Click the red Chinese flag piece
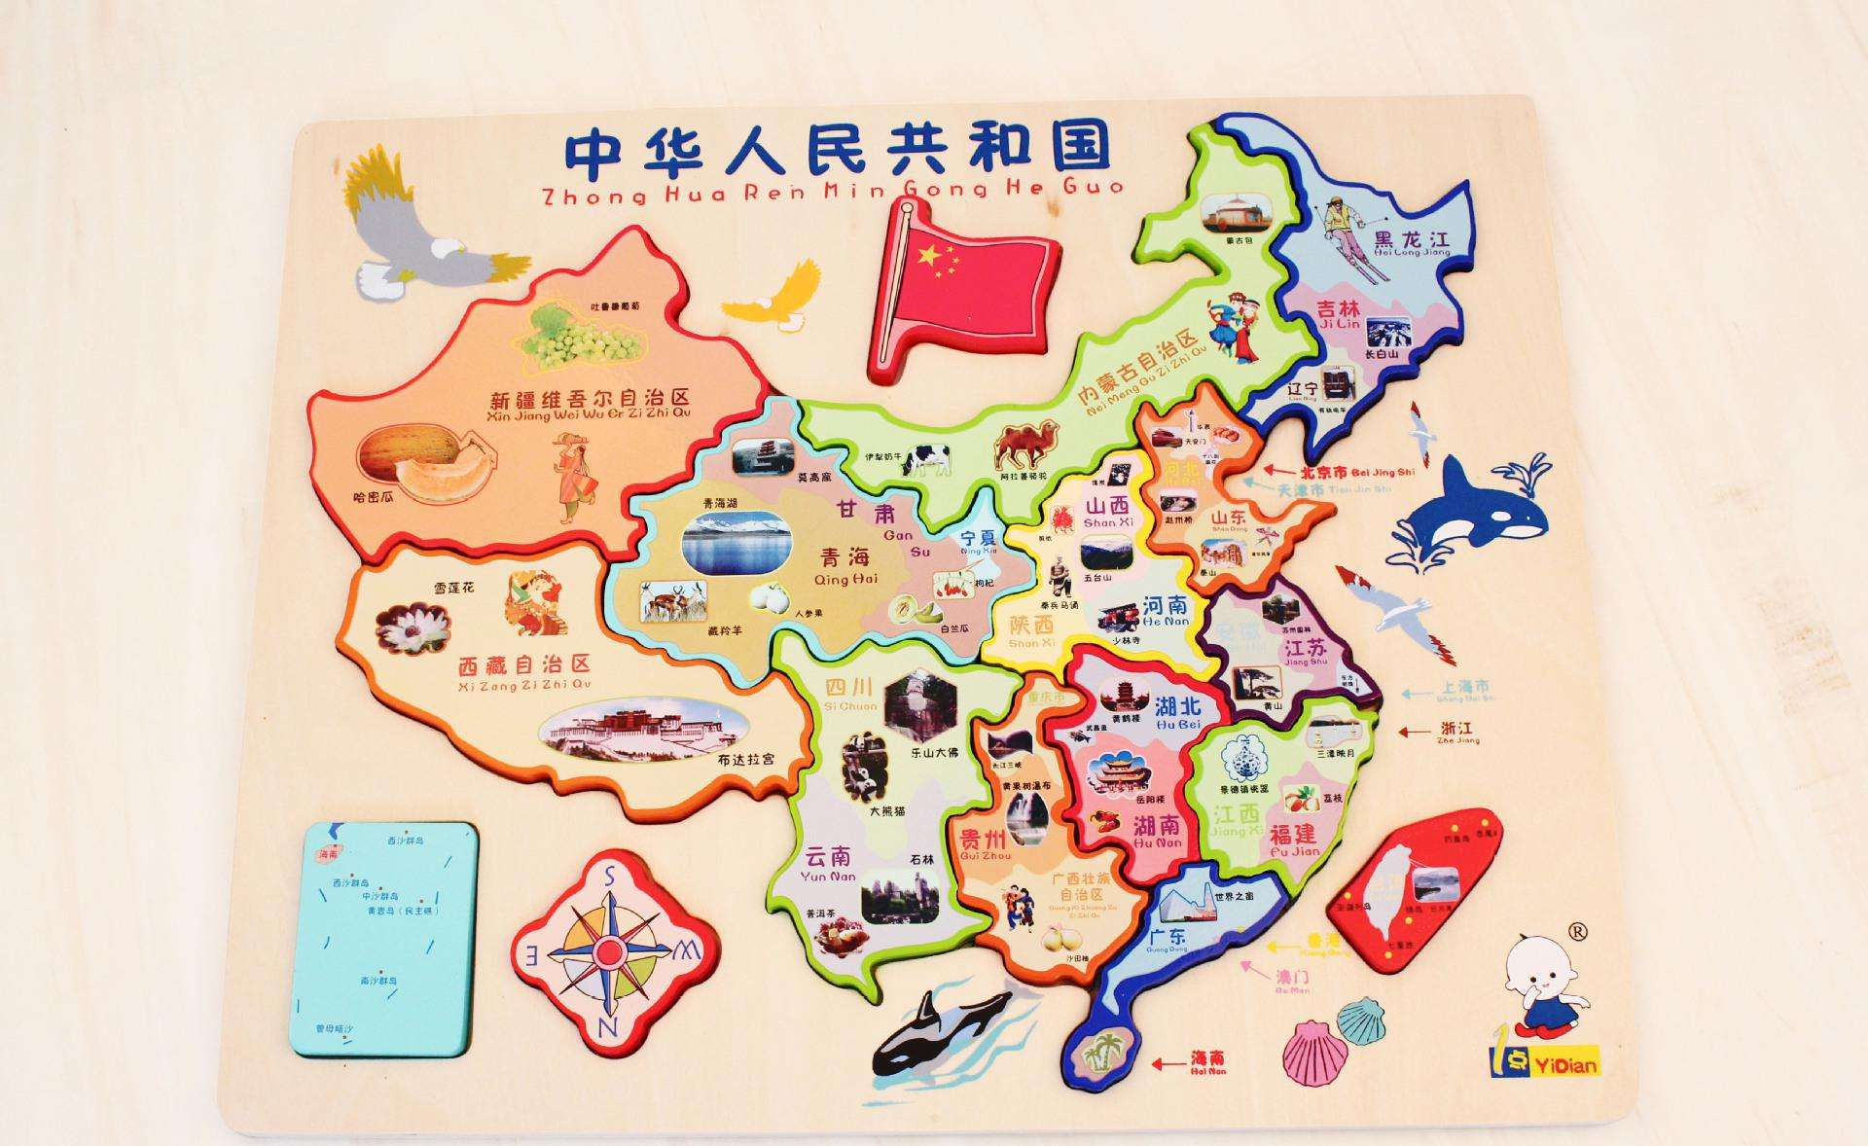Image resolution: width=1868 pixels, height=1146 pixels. click(x=963, y=288)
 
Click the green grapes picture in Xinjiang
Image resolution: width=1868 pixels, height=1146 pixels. click(x=579, y=337)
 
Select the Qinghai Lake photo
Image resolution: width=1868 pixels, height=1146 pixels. click(x=731, y=541)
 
